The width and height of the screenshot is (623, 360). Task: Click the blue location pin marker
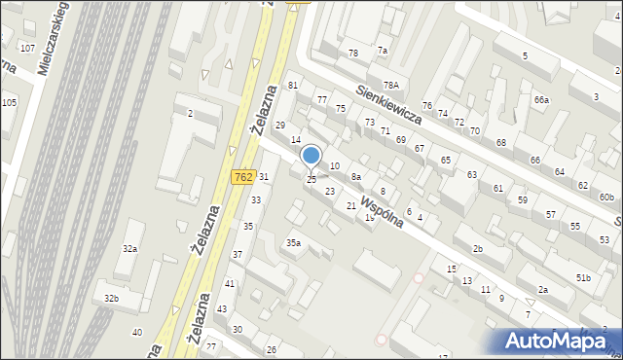click(x=311, y=156)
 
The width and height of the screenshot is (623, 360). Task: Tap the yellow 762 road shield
click(x=243, y=177)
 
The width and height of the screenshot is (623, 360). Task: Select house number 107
click(x=27, y=48)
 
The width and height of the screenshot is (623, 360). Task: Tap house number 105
click(x=9, y=102)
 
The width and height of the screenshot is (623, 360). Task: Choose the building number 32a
click(x=129, y=249)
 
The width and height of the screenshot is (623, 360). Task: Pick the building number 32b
click(x=112, y=298)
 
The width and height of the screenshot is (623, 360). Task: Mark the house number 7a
click(x=383, y=51)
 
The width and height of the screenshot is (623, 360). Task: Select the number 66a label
click(x=541, y=100)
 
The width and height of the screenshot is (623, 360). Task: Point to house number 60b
click(x=606, y=198)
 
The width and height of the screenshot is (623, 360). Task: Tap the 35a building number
click(x=292, y=242)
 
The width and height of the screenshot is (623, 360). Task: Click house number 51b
click(x=583, y=278)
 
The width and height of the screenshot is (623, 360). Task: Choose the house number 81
click(x=292, y=86)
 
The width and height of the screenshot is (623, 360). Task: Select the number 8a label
click(x=356, y=177)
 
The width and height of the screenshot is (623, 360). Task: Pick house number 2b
click(x=478, y=249)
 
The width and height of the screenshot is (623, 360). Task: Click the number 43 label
click(x=221, y=308)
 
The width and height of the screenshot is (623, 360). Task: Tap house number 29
click(x=280, y=126)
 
